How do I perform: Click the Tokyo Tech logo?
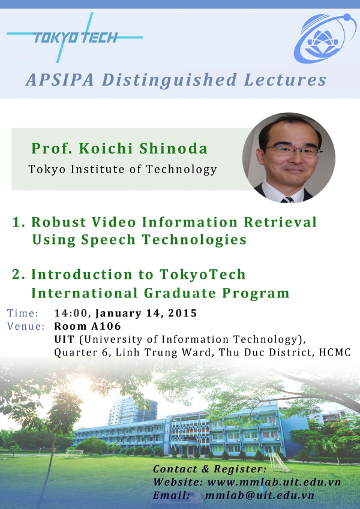coord(75,37)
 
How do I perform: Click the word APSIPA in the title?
coord(60,80)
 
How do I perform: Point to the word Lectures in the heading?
coord(285,80)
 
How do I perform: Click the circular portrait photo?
coord(289,158)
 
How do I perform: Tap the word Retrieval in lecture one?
coord(280,222)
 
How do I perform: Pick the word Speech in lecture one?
coord(108,240)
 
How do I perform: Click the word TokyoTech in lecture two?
coord(202,275)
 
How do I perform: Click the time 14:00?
coord(71,313)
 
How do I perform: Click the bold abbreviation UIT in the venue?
coord(64,339)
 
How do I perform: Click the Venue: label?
coord(26,326)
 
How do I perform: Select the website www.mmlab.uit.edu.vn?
coord(274,482)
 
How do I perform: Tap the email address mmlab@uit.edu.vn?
coord(260,495)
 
